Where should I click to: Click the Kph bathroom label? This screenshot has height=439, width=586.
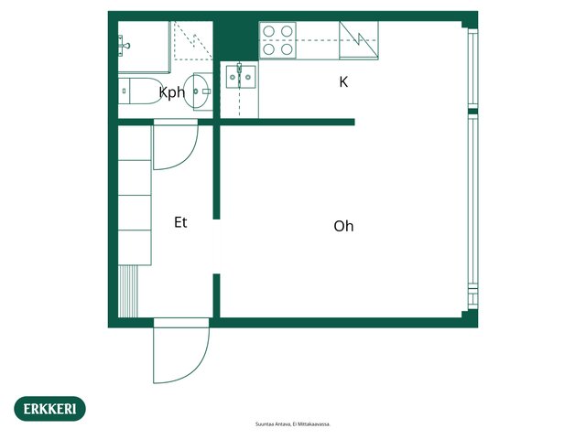[172, 92]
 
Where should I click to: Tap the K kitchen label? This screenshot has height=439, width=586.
[343, 81]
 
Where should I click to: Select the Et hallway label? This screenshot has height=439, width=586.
[180, 222]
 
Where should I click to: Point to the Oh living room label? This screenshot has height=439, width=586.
[343, 226]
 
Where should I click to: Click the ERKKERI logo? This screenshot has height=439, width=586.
[49, 409]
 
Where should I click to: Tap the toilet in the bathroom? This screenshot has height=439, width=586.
[139, 91]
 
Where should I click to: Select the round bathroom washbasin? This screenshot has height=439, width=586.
[198, 91]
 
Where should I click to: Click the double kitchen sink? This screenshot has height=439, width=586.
[241, 76]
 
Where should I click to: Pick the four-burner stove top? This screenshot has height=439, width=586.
[277, 40]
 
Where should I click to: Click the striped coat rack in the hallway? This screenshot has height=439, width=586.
[128, 291]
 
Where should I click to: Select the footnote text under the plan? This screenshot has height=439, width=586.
[293, 424]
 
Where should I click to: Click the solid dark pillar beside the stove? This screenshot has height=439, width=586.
[236, 38]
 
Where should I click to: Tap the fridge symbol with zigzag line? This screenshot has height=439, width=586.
[358, 40]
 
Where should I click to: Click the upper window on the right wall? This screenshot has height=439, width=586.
[473, 69]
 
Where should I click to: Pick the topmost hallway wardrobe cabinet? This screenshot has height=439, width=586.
[135, 144]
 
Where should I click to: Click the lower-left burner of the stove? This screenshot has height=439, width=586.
[268, 48]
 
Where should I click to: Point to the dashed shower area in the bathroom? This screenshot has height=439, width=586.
[193, 40]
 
